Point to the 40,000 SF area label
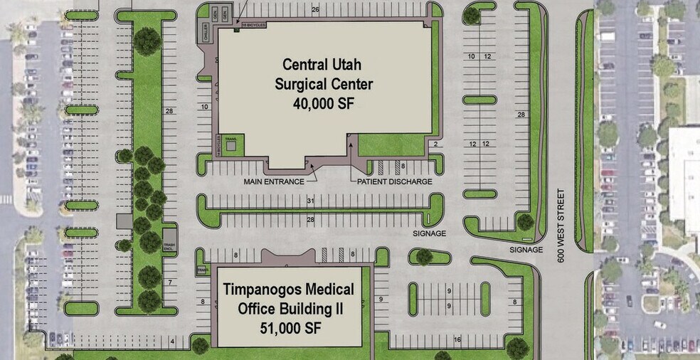click(x=324, y=104)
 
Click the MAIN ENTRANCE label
click(x=274, y=181)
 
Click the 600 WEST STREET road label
click(x=561, y=226)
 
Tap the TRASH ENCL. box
click(x=169, y=247)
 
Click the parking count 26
click(x=315, y=9)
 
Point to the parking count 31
click(x=310, y=202)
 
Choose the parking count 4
click(x=172, y=342)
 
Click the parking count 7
click(x=169, y=283)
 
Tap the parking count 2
click(x=434, y=144)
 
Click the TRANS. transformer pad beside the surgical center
click(x=230, y=143)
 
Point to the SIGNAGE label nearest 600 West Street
click(x=526, y=250)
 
